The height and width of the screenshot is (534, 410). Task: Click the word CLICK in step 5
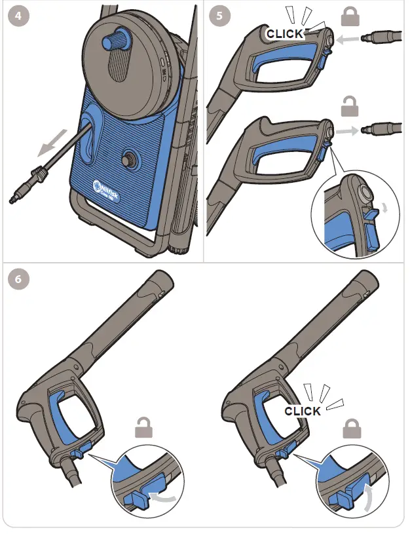click(285, 33)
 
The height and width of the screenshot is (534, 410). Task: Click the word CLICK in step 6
click(303, 411)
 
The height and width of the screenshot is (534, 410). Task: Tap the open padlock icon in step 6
click(145, 427)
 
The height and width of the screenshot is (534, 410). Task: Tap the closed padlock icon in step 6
click(352, 429)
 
